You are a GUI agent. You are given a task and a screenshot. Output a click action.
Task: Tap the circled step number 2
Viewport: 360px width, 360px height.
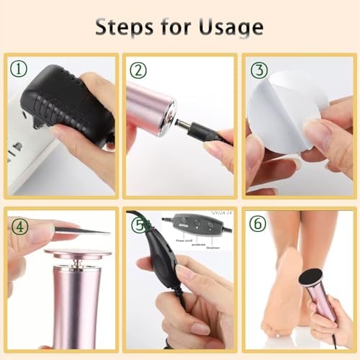(x=139, y=70)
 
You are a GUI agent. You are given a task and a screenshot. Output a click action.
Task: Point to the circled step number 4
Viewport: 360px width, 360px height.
(x=19, y=225)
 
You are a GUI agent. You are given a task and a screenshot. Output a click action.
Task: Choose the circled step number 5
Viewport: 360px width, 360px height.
(x=139, y=225)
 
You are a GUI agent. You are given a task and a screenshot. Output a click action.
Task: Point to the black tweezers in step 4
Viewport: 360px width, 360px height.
(x=83, y=230)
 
